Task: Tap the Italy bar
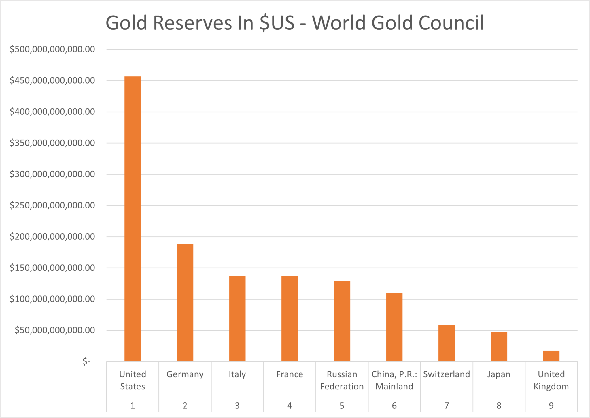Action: pos(237,318)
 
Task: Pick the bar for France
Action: pos(290,319)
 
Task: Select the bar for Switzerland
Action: pos(447,343)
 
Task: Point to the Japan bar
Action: pos(499,346)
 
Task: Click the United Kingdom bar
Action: pos(551,356)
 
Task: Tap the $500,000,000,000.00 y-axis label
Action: pos(52,49)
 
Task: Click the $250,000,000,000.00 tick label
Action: pos(52,205)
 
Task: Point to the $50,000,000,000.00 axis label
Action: pos(55,330)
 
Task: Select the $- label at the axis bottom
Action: pos(86,361)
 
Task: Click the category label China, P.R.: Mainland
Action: pos(394,380)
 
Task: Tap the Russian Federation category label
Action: pos(342,380)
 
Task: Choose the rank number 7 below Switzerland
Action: pos(447,406)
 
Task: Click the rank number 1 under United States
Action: pos(133,406)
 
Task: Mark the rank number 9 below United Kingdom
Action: pos(551,406)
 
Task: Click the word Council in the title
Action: pos(451,23)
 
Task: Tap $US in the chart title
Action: pos(277,23)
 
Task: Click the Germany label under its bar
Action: pos(185,374)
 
